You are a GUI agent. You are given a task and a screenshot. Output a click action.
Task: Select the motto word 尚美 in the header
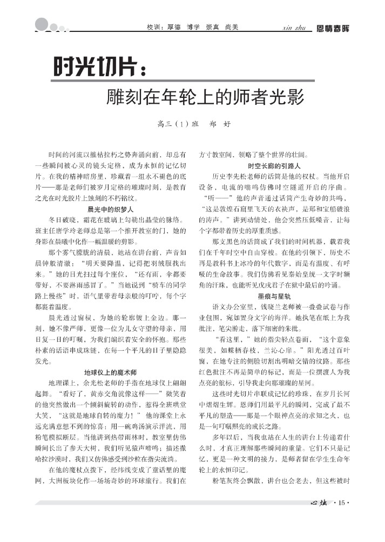point(232,27)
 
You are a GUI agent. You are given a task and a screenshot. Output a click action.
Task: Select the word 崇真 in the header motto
point(212,27)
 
